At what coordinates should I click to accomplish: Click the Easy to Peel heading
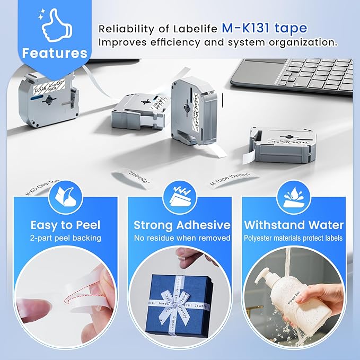(66, 224)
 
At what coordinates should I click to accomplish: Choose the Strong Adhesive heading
(181, 224)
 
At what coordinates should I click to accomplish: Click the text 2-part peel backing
(66, 238)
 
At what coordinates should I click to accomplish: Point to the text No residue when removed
(181, 238)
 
